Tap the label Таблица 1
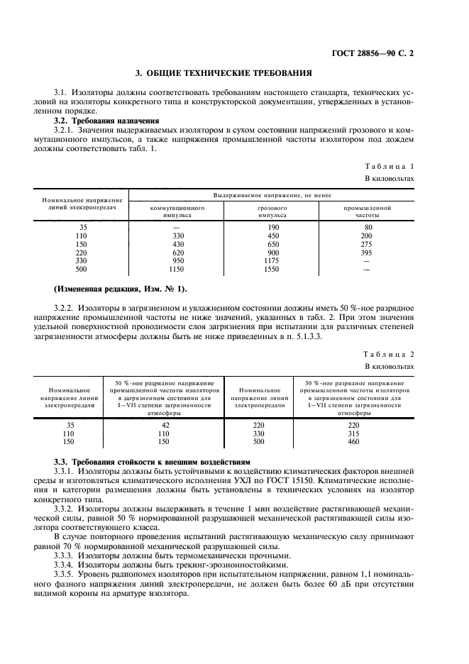coord(389,165)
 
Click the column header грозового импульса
coord(272,211)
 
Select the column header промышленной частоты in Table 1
coord(367,211)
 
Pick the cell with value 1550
coord(272,270)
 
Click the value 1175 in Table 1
coord(272,260)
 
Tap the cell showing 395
coord(367,252)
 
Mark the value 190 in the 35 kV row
coord(272,227)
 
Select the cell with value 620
coord(177,252)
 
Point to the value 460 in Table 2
coord(353,442)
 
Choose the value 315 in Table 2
coord(353,433)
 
